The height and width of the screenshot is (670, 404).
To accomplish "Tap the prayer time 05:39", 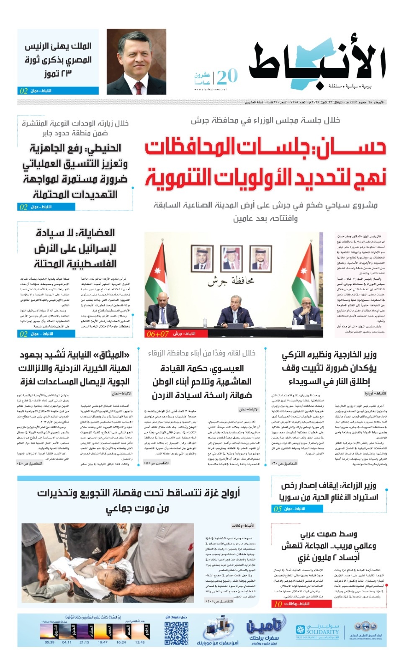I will [49, 642].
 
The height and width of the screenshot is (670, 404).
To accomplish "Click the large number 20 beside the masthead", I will [227, 77].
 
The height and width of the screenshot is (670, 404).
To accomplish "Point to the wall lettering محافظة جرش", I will [231, 281].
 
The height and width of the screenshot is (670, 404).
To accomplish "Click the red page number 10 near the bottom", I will [278, 604].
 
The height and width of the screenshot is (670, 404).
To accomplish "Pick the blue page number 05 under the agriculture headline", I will [277, 509].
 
